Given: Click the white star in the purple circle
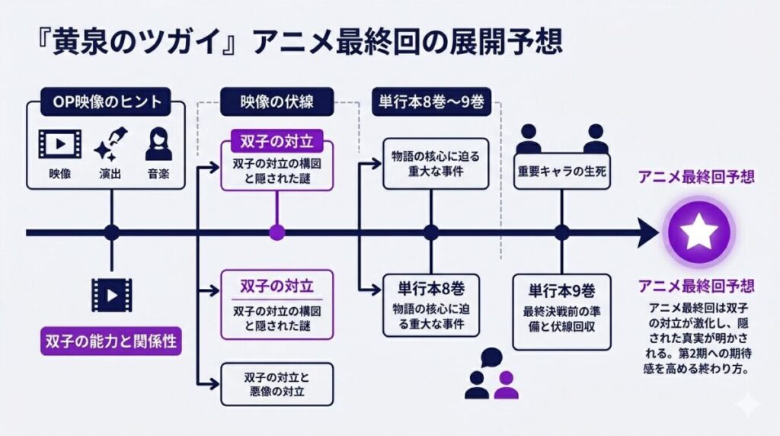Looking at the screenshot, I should coord(698,231).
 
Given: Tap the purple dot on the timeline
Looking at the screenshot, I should coord(277,232).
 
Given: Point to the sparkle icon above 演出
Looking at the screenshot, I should coord(111,143).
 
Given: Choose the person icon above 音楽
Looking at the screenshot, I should coord(158,143).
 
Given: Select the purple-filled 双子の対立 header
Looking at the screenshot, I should coord(277,143).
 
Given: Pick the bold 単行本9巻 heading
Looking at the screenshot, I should coord(561,290).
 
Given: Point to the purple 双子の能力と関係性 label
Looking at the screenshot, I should coord(108,341).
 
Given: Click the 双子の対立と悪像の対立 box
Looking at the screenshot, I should coord(277,384).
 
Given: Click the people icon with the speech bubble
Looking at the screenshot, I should coord(491,374).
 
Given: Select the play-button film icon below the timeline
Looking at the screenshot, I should coord(107,294).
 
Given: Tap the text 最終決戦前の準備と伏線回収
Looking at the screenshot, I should coord(561,321).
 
